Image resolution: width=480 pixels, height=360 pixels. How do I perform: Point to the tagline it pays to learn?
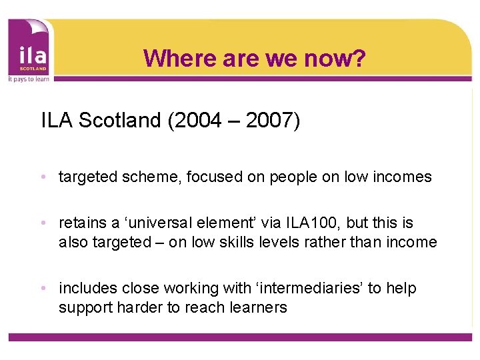(x=28, y=78)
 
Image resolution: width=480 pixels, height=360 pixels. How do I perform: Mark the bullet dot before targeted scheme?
(x=43, y=178)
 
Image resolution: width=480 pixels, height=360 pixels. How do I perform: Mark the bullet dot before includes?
(x=43, y=289)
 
